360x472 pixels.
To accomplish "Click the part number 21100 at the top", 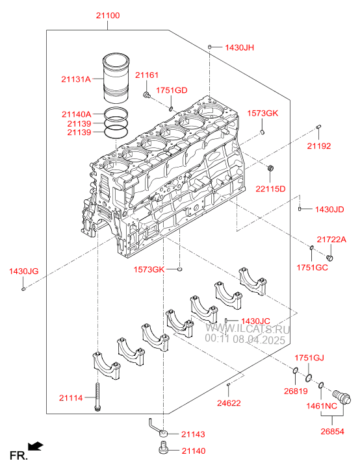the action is coord(108,16).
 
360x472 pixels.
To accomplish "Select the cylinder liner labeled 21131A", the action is coord(116,79).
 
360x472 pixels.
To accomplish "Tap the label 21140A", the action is coord(77,114).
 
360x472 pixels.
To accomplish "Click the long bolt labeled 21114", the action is coord(97,396).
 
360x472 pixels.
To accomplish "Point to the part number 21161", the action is coord(147,75).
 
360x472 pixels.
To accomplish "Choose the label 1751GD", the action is coord(172,90).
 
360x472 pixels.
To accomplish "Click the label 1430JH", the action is coord(240,47).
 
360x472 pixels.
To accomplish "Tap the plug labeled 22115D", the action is coord(270,168).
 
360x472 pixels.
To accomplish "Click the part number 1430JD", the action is coord(329,210).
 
